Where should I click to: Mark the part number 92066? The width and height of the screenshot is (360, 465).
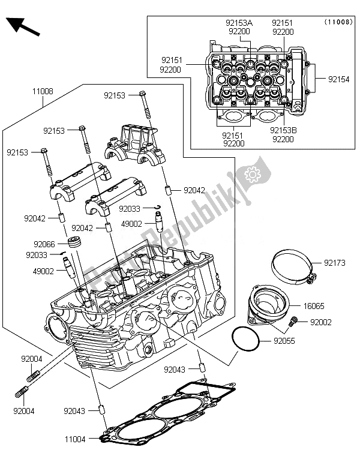(44, 244)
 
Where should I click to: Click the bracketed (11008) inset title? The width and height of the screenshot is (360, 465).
(338, 22)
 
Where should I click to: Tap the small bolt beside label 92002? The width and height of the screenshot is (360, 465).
(294, 321)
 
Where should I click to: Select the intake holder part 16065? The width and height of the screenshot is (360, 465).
(268, 304)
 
